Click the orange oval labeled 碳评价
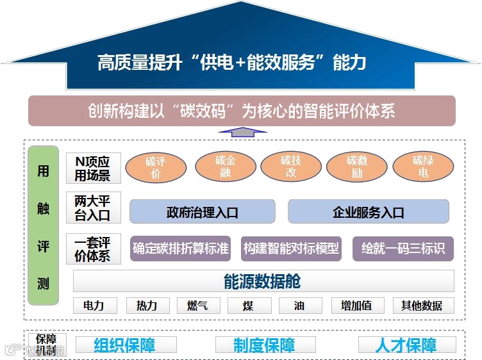click(x=156, y=168)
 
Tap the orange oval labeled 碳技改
click(x=291, y=167)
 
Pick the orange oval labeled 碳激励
click(x=357, y=167)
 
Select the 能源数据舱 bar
click(x=263, y=281)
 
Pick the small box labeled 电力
click(x=94, y=306)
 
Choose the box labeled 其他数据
click(x=422, y=306)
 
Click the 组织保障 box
click(x=125, y=345)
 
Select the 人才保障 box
click(x=406, y=345)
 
